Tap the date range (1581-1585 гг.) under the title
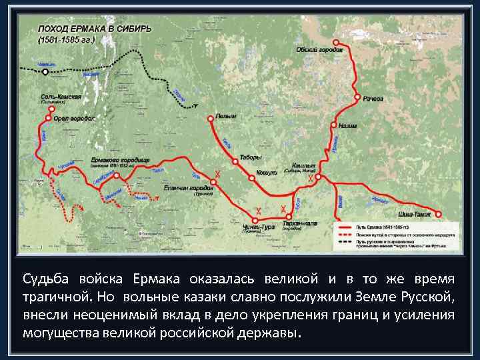click(x=65, y=39)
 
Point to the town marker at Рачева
click(x=359, y=93)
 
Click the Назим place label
click(x=348, y=125)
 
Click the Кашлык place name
click(x=303, y=165)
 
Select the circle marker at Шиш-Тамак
click(x=439, y=214)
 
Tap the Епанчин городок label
click(x=188, y=188)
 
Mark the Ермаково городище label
click(x=121, y=161)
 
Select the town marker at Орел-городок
click(x=49, y=118)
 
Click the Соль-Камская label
click(x=61, y=97)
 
